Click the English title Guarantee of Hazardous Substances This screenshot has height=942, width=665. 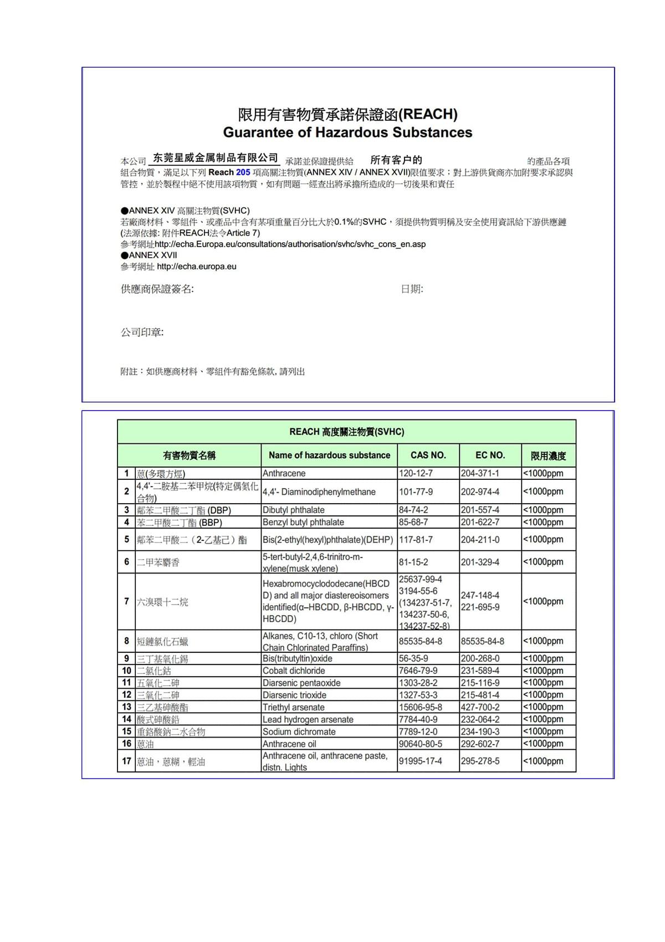(347, 132)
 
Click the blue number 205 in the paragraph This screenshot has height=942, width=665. (243, 172)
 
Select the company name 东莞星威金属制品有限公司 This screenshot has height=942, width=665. (215, 158)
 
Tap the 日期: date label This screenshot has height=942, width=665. (412, 289)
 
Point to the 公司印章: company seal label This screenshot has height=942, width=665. (142, 332)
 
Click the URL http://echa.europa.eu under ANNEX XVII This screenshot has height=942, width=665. (196, 267)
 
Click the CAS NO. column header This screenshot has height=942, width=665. (428, 455)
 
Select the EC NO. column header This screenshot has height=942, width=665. (490, 455)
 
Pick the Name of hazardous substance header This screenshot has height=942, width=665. (329, 455)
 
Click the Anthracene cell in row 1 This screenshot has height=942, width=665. (284, 473)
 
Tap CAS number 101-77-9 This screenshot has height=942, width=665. (416, 492)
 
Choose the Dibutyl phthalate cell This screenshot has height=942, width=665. (294, 510)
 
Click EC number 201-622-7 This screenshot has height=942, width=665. (480, 522)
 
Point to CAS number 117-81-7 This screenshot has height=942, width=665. (416, 539)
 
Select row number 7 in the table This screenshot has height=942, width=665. (126, 601)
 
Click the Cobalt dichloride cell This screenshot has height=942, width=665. (294, 670)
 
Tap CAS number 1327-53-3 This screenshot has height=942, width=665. (418, 695)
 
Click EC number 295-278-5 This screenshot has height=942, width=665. (480, 761)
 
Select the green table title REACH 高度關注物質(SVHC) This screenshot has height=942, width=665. (346, 432)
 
